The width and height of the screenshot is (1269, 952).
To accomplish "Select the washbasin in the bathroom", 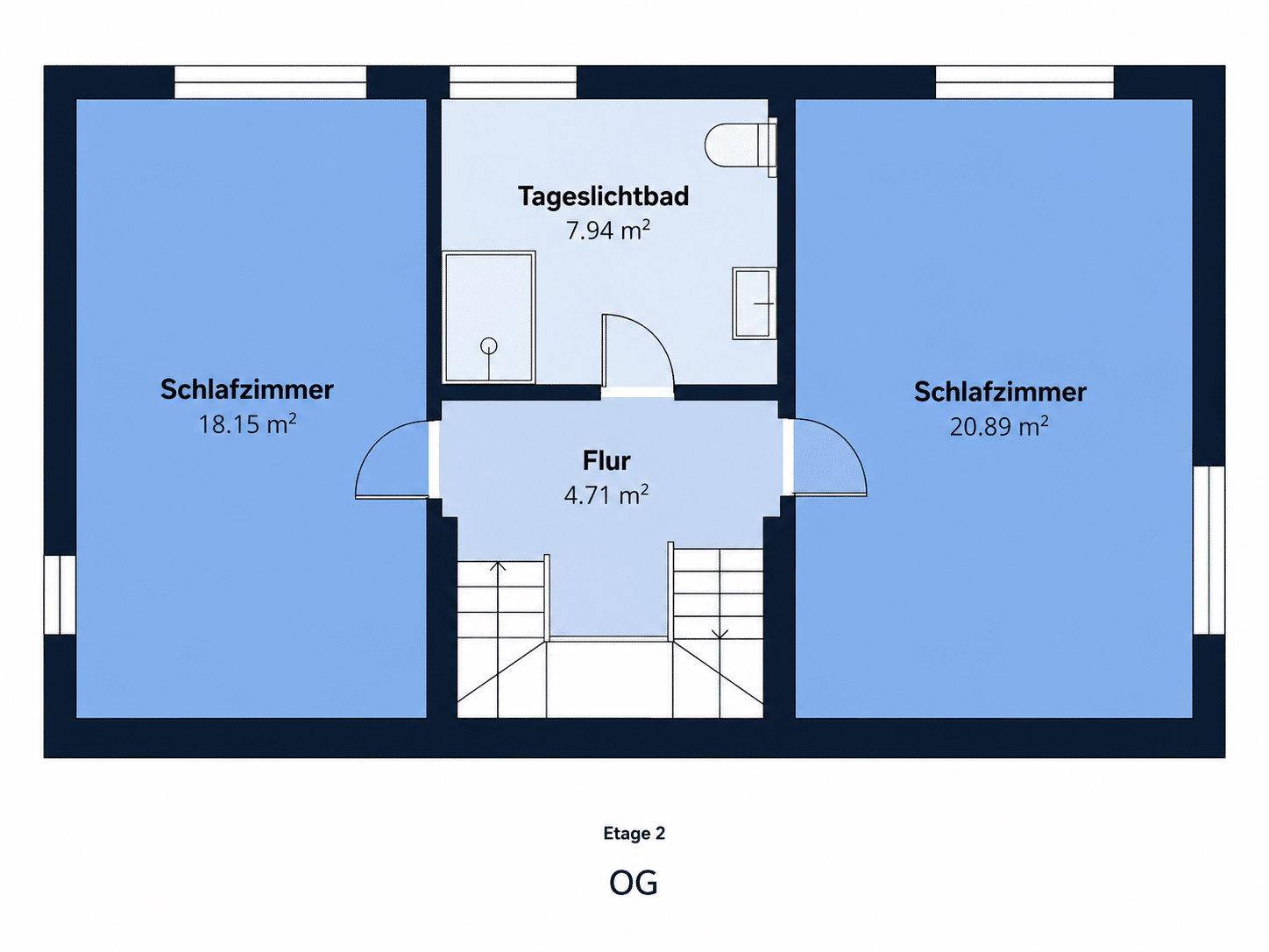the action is (754, 303).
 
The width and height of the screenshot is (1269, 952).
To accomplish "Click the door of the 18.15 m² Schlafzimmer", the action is (370, 445).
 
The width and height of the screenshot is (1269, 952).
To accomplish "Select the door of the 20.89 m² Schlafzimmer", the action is (850, 445).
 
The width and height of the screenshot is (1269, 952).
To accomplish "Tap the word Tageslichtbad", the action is (603, 196).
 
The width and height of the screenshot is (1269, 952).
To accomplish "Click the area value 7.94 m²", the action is (607, 230).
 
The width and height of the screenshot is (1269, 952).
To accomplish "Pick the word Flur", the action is (606, 461).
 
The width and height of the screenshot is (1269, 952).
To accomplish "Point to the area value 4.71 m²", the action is (606, 495).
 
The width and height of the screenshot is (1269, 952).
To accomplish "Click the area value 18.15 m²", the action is (247, 423).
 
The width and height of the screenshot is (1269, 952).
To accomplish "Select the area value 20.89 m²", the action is (999, 427).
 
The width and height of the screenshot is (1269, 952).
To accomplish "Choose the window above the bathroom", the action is (513, 82).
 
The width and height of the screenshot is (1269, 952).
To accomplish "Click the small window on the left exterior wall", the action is (60, 595).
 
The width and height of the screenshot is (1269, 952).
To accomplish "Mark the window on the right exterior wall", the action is (1209, 551).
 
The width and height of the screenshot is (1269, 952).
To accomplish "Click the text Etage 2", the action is (634, 833).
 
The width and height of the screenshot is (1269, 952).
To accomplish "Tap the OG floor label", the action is (634, 883).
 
